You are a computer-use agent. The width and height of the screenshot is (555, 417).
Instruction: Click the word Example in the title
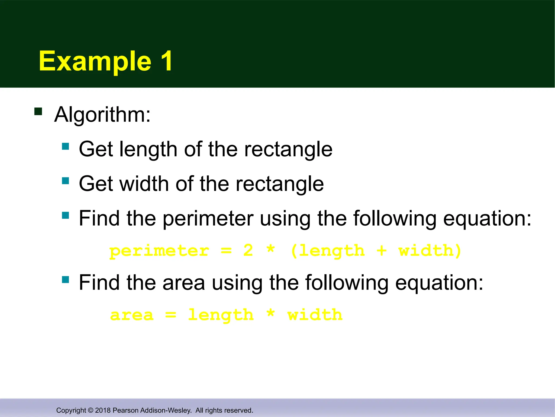pos(95,62)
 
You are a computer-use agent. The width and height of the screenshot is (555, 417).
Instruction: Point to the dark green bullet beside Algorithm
pos(38,112)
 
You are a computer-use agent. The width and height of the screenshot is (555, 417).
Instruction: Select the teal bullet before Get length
pos(65,146)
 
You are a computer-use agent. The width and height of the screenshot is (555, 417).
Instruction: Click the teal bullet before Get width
pos(65,181)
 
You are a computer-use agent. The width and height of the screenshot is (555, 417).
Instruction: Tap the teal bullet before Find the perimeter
pos(65,215)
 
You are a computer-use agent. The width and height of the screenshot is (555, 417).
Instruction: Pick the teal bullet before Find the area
pos(65,280)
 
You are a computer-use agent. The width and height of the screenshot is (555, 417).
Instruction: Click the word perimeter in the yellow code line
pos(159,251)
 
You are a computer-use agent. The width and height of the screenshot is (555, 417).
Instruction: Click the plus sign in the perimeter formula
pos(381,251)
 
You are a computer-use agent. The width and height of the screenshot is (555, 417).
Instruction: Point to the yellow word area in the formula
pos(132,315)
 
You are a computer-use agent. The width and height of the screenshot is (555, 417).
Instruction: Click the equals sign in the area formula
pos(171,315)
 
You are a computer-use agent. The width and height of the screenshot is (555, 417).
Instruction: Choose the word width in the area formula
pos(315,315)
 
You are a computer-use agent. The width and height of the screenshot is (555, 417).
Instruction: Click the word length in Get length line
pos(148,150)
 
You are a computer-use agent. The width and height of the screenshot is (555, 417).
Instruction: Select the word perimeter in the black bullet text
pos(208,219)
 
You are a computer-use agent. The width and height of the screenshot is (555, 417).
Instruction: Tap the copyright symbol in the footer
pos(91,410)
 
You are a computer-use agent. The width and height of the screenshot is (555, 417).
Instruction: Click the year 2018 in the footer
pos(103,410)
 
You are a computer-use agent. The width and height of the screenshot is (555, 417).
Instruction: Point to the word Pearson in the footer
pos(124,410)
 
